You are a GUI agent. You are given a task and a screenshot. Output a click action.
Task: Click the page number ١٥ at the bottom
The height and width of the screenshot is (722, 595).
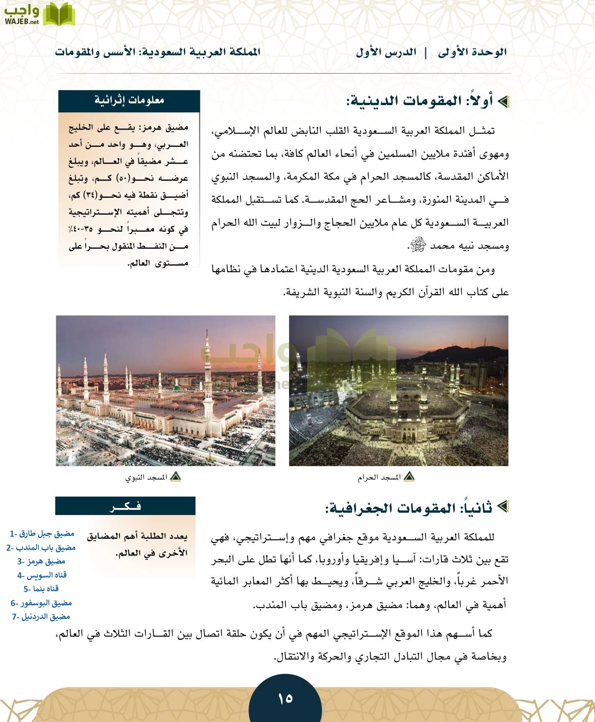pyautogui.click(x=285, y=698)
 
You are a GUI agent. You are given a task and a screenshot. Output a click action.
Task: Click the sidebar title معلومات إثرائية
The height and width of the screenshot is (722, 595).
pyautogui.click(x=129, y=100)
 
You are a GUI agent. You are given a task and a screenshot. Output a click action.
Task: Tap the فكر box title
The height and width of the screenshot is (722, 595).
pyautogui.click(x=125, y=506)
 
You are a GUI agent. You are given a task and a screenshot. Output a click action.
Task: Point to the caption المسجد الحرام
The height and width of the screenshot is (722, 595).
pyautogui.click(x=379, y=478)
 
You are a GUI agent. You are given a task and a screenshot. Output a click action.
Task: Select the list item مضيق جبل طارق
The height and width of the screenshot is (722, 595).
pyautogui.click(x=42, y=533)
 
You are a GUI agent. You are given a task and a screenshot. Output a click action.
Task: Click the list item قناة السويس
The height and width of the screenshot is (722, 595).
pyautogui.click(x=42, y=575)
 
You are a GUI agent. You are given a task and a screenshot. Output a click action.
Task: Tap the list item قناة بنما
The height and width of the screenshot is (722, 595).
pyautogui.click(x=41, y=589)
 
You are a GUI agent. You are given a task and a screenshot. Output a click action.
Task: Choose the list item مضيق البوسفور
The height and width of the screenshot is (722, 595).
pyautogui.click(x=41, y=603)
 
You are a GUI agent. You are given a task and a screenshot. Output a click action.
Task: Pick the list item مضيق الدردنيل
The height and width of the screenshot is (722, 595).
pyautogui.click(x=41, y=617)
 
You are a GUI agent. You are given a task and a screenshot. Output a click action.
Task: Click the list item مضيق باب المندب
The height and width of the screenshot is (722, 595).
pyautogui.click(x=41, y=548)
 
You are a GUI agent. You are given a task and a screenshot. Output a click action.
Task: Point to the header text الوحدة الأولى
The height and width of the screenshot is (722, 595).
pyautogui.click(x=472, y=53)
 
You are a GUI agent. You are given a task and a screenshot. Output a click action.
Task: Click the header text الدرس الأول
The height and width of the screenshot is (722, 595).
pyautogui.click(x=386, y=53)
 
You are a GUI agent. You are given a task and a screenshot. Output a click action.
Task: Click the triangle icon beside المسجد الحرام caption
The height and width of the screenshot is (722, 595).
pyautogui.click(x=409, y=477)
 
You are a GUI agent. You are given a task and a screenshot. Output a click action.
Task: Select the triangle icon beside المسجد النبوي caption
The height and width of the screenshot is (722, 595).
pyautogui.click(x=175, y=477)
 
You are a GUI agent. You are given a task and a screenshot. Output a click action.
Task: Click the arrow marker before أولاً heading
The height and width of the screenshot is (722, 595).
pyautogui.click(x=502, y=101)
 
